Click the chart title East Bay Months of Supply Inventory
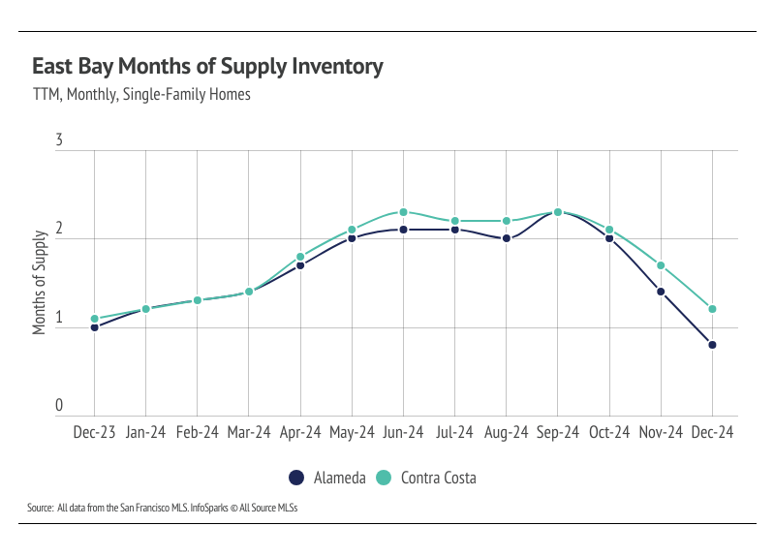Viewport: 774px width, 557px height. click(207, 67)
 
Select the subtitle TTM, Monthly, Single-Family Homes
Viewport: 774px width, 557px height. click(141, 95)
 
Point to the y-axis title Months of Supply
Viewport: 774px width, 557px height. click(40, 282)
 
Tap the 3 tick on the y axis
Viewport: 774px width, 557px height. click(59, 141)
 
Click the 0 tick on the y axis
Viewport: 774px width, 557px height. click(59, 406)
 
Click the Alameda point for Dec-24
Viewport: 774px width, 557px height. click(712, 345)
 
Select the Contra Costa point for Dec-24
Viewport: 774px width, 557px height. click(712, 309)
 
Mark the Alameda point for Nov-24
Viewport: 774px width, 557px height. click(661, 292)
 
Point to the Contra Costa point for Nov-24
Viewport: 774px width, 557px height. click(661, 265)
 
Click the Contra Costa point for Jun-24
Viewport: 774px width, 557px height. click(403, 212)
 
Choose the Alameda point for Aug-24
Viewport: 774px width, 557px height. click(507, 238)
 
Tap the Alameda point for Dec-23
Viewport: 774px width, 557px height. click(94, 327)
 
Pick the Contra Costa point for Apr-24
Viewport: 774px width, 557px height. click(300, 257)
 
